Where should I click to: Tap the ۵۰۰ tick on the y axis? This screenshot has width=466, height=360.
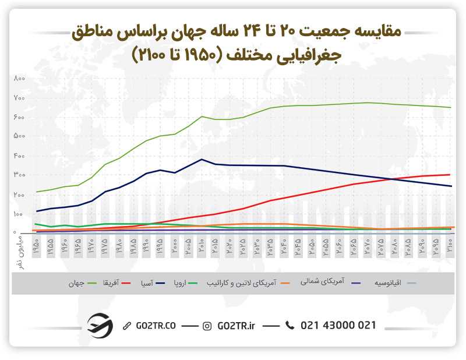19,136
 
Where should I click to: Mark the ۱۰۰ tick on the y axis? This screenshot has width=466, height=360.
19,214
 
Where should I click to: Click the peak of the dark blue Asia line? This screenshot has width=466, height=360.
202,159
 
